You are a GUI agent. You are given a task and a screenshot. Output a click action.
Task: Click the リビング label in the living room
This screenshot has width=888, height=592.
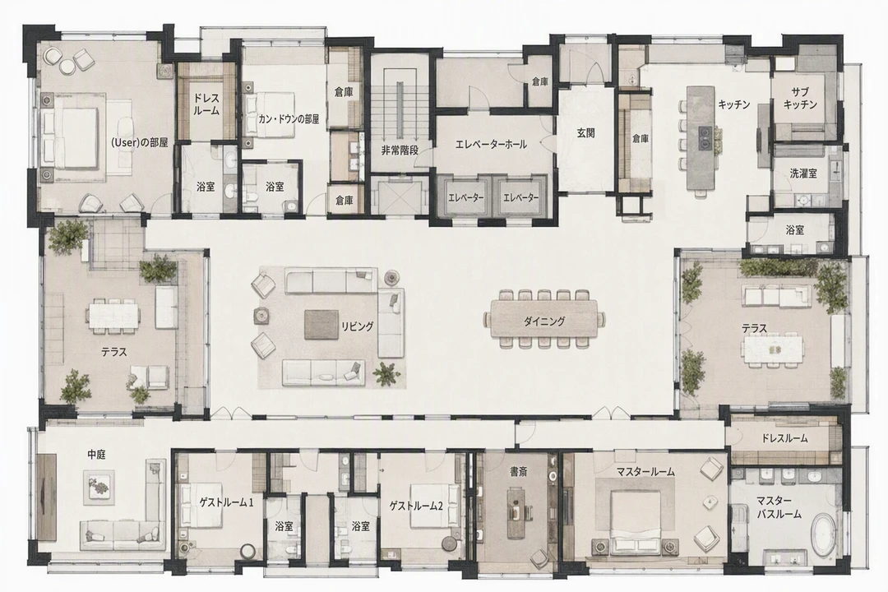coord(357,326)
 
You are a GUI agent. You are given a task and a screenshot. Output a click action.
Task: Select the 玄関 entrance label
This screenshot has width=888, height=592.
coord(585,134)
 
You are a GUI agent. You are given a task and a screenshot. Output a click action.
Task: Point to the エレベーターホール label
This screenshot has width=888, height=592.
coord(491,145)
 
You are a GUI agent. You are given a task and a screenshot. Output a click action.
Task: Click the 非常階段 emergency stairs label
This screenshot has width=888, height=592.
coord(400,150)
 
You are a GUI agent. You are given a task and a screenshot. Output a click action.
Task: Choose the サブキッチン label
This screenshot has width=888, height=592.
coord(801,98)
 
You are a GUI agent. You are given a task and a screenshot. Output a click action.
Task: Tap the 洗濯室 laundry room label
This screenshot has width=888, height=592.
coord(803,173)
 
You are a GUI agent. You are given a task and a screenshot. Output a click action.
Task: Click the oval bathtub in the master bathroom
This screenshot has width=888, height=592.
coord(824,534)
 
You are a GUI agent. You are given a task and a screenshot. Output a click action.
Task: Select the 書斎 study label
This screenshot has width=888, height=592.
coord(519,471)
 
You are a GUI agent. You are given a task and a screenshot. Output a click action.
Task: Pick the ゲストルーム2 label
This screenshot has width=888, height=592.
coord(416,506)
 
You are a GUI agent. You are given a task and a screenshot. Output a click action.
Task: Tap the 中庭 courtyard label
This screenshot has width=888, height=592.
coord(97,455)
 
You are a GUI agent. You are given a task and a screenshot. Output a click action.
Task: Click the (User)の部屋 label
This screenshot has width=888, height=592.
coord(140,143)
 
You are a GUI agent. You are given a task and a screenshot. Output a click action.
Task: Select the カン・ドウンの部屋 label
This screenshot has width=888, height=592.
coord(289,119)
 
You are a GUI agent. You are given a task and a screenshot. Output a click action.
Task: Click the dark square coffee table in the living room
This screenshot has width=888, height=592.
coord(321,325)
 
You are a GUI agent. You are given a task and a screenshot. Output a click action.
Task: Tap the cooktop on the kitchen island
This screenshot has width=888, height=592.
coord(705,137)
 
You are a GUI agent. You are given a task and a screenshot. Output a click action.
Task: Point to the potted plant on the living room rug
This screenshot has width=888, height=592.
coord(387,374)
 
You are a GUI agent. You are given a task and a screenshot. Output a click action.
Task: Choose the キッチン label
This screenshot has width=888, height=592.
coord(734,104)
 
